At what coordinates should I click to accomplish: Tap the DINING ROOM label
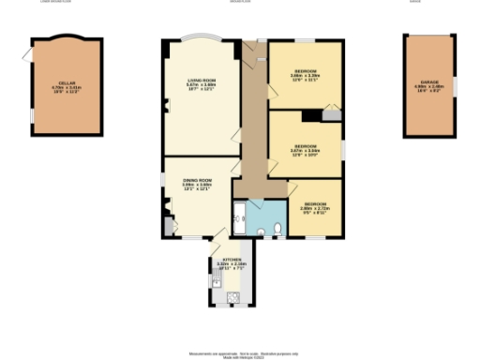[x=197, y=179]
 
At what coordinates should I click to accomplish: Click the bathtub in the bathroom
[x=239, y=219]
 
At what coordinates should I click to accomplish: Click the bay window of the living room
[x=199, y=41]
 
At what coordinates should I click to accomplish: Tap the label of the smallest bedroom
[x=314, y=203]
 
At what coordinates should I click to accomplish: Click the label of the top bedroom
[x=306, y=71]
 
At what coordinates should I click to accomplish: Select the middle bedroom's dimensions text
[x=306, y=152]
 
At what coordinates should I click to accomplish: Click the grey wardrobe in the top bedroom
[x=330, y=115]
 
